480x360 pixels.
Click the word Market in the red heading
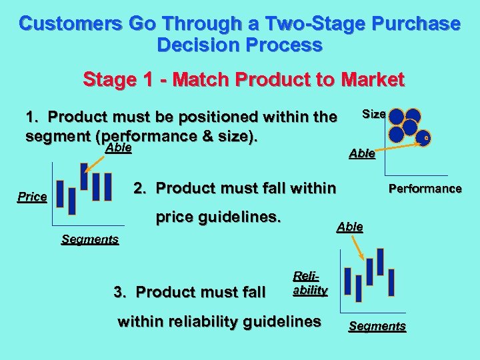371,80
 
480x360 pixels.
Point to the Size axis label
373,114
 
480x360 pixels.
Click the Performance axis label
425,188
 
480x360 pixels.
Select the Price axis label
32,197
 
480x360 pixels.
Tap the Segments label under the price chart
90,239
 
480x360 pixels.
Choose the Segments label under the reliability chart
377,326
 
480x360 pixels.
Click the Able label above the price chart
119,148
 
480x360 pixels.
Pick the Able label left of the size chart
362,155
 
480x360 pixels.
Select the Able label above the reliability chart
350,227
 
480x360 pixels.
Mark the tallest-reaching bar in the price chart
84,177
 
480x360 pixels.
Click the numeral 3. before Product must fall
120,292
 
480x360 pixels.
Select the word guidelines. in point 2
245,217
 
